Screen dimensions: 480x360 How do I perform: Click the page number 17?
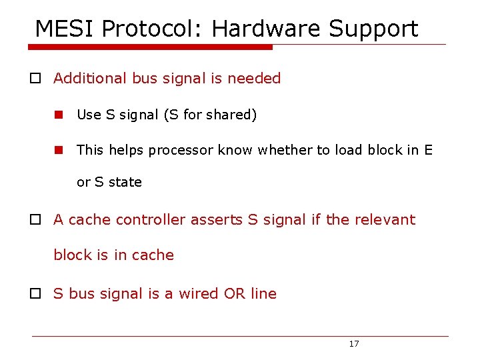(x=354, y=344)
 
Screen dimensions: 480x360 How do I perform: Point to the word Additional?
(x=89, y=78)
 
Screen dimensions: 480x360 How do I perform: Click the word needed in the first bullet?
(x=254, y=78)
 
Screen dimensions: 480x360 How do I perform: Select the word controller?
(x=151, y=219)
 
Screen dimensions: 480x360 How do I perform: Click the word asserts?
(x=217, y=219)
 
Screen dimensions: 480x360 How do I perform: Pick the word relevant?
(x=385, y=219)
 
